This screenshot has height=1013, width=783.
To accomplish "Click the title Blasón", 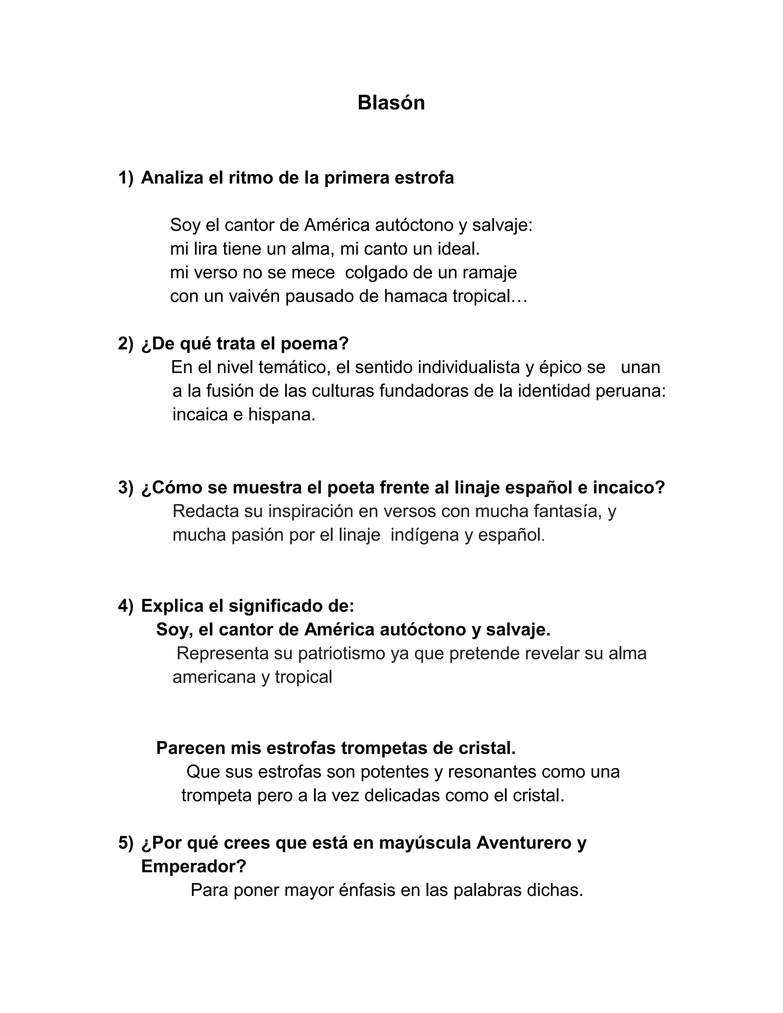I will tap(391, 102).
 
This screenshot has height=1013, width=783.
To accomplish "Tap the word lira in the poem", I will tap(205, 249).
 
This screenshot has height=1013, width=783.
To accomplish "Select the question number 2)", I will tap(125, 344).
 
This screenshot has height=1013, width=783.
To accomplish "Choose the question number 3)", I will tap(125, 487).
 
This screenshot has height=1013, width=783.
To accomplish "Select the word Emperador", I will tap(193, 866).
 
